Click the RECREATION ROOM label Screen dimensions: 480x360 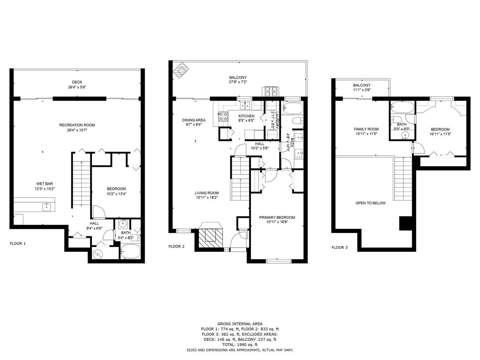[x=77, y=125]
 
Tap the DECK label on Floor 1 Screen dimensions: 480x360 [x=77, y=82]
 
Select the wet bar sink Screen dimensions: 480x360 [x=47, y=207]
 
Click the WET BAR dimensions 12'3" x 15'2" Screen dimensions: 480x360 [x=45, y=189]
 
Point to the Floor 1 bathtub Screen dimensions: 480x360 [x=130, y=251]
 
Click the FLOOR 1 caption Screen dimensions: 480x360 [x=18, y=243]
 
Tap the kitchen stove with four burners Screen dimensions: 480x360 [x=223, y=116]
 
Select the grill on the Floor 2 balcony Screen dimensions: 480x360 [x=271, y=91]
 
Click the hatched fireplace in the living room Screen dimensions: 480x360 [x=211, y=238]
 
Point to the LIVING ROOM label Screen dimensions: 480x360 [x=207, y=193]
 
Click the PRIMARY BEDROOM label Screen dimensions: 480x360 [x=277, y=217]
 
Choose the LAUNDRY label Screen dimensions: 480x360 [x=277, y=120]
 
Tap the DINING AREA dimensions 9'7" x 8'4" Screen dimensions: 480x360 [x=192, y=125]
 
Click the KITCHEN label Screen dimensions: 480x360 [x=246, y=116]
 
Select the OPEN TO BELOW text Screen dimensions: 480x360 [x=370, y=203]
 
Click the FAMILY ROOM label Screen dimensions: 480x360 [x=366, y=129]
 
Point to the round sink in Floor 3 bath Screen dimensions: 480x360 [x=405, y=135]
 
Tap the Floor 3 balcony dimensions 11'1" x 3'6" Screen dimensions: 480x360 [x=362, y=90]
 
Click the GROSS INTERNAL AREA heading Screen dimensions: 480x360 [x=240, y=324]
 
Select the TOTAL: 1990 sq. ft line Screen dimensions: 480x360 [x=240, y=345]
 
